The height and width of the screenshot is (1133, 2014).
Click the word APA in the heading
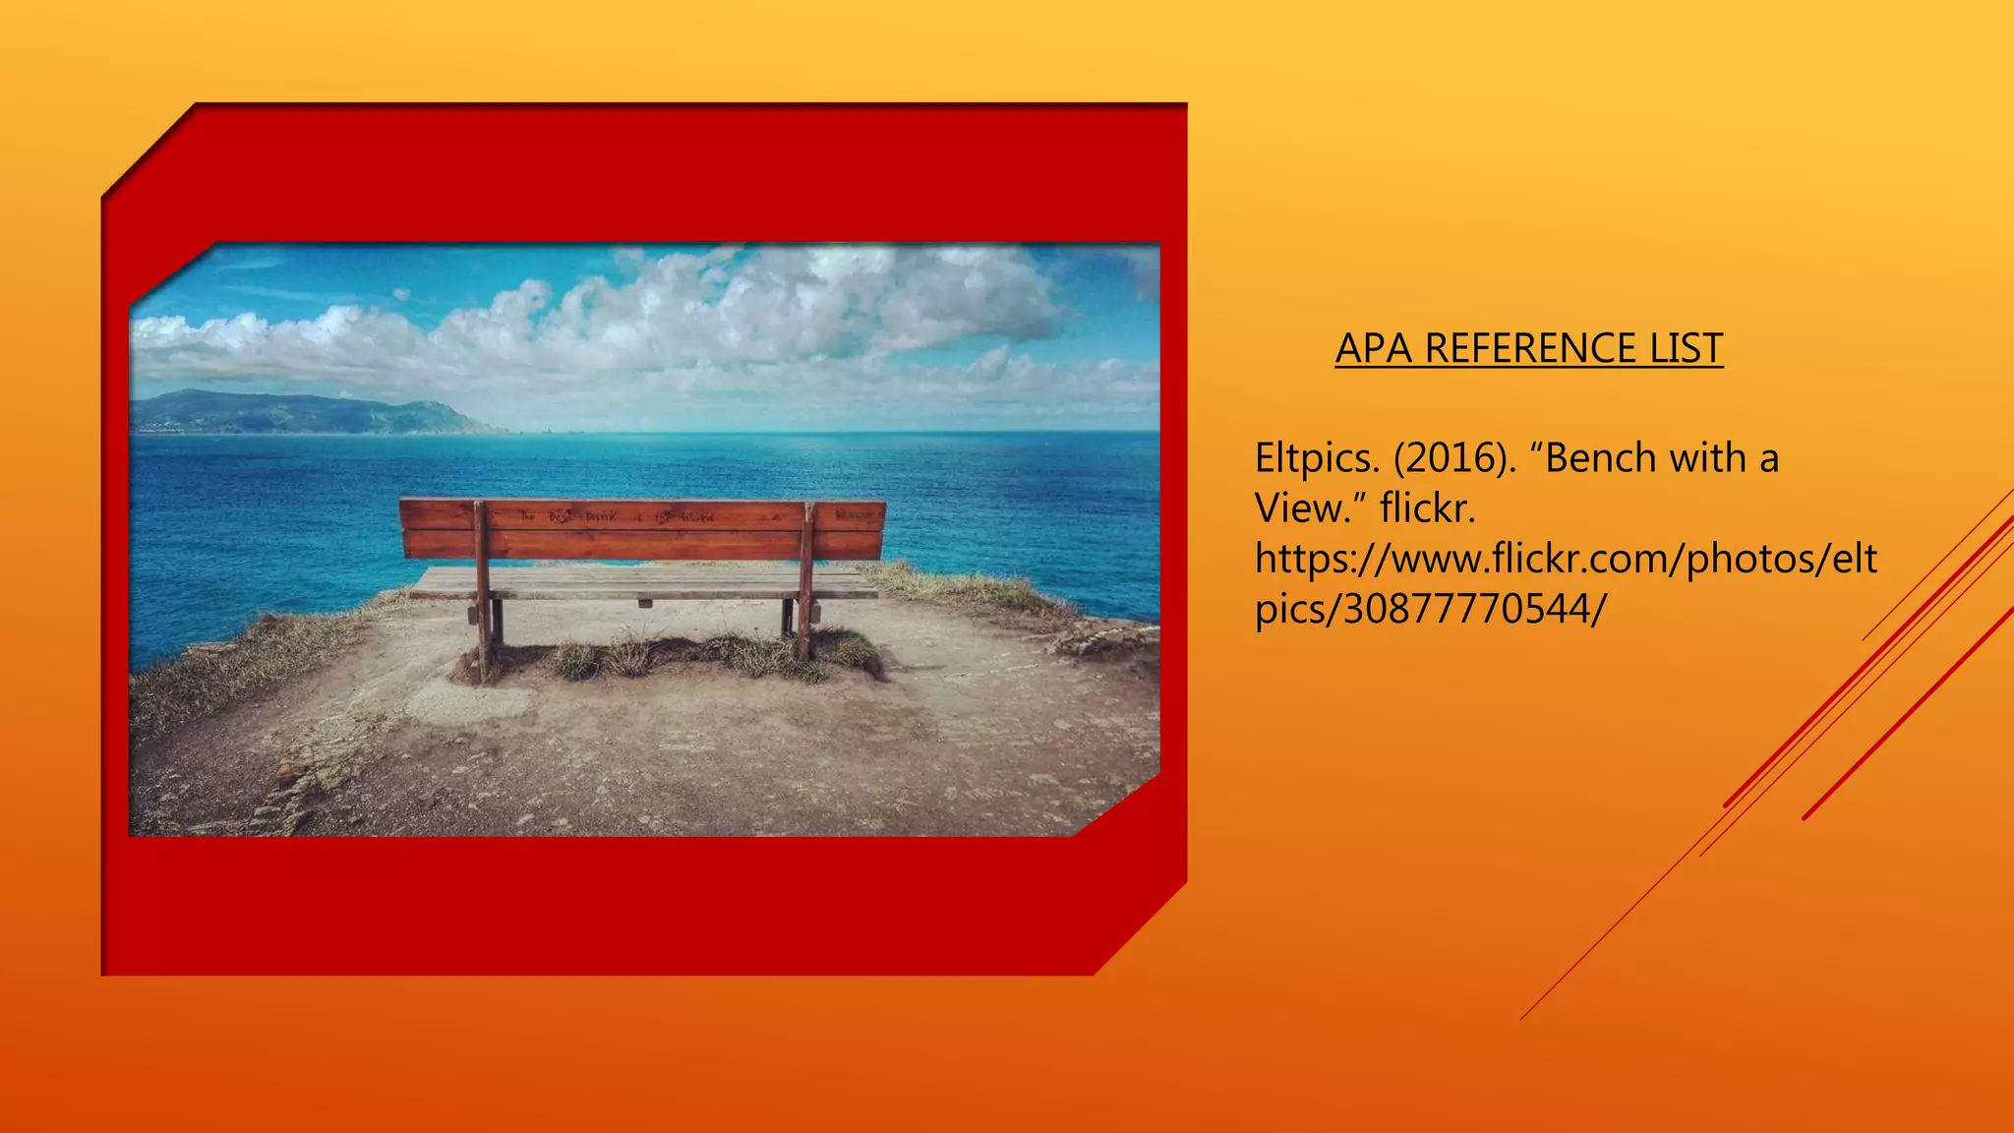[1375, 349]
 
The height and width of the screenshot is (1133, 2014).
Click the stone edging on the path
[295, 787]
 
